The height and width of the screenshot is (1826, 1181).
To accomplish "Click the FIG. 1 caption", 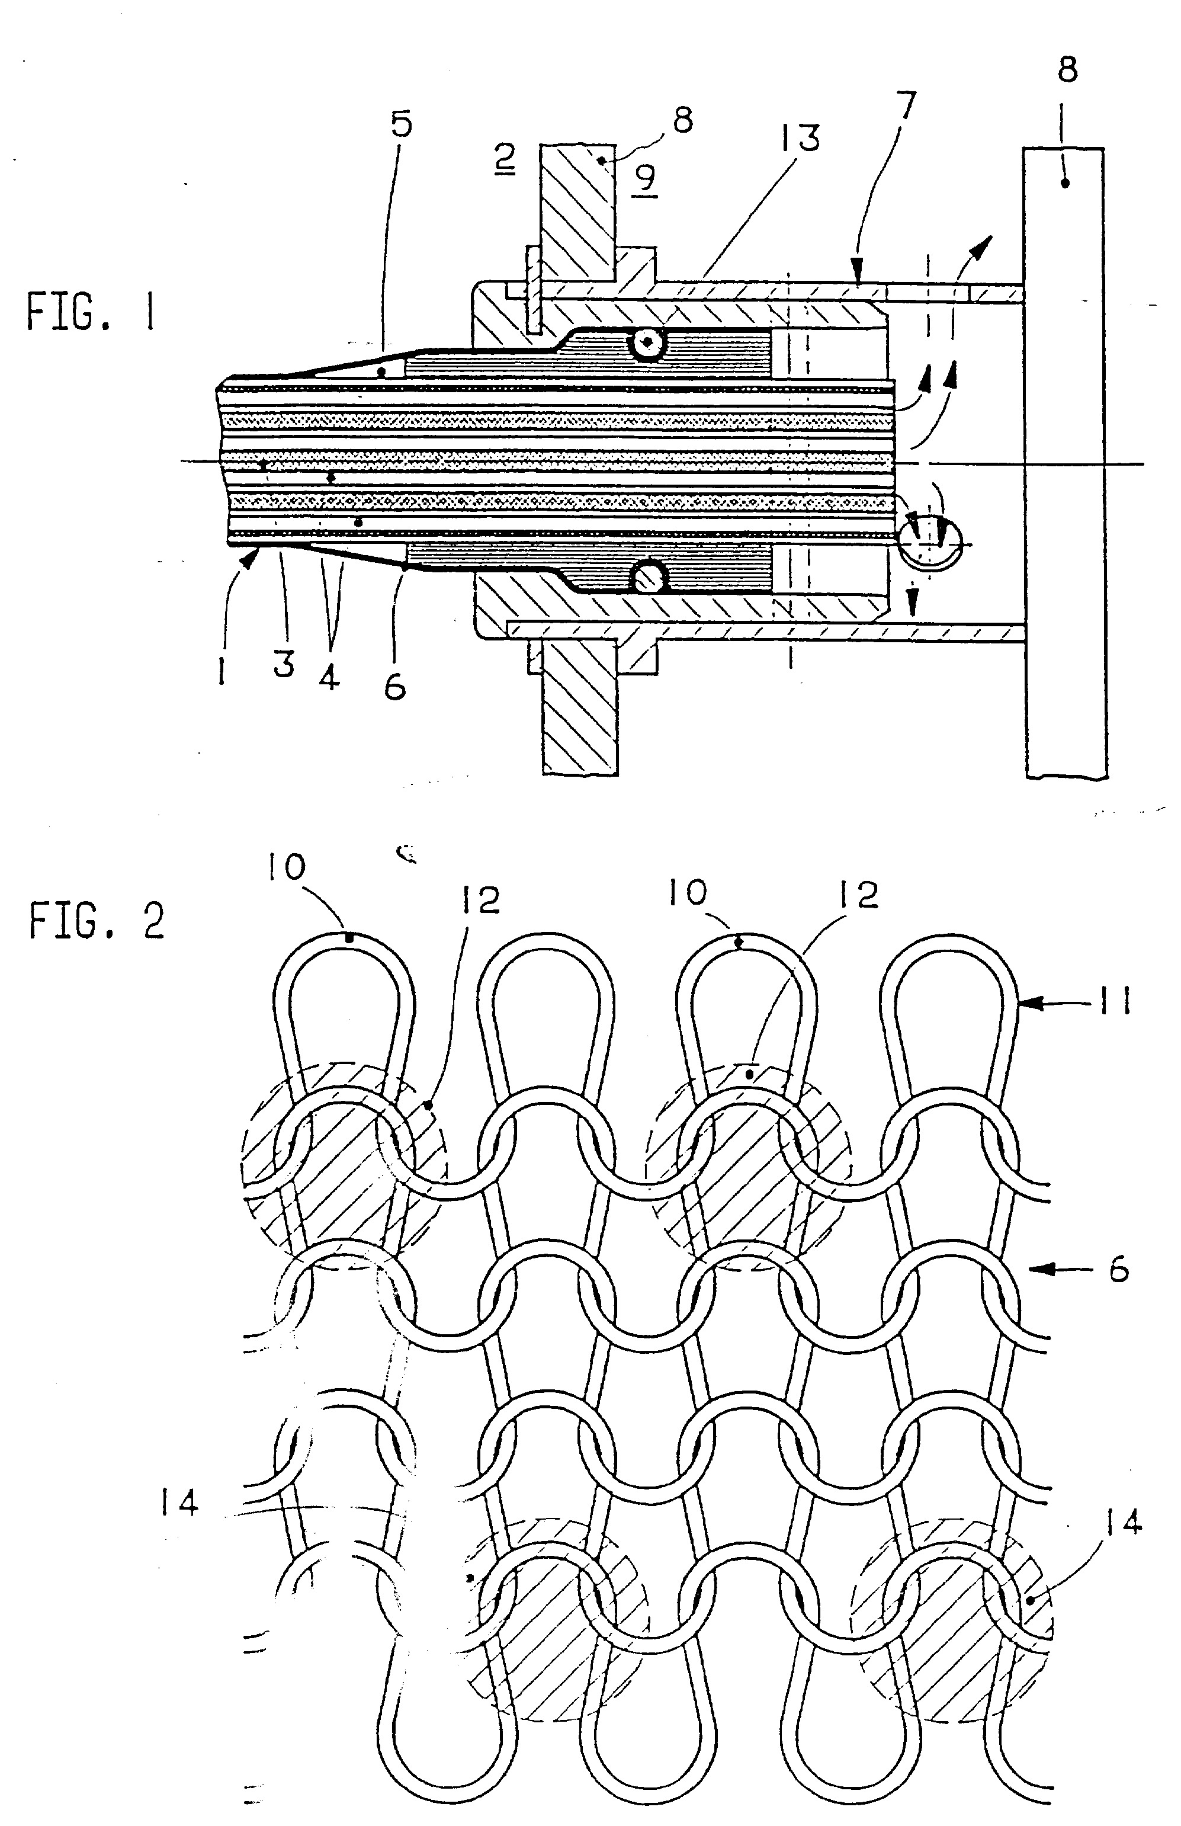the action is coord(91,312).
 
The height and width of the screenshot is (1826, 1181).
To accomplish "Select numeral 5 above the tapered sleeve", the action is coord(401,124).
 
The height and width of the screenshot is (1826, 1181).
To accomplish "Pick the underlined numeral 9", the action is coord(645,180).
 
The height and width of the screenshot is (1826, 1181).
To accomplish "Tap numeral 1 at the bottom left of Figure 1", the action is coord(222,673).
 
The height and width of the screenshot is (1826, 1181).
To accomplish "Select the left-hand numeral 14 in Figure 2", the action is coord(179,1501).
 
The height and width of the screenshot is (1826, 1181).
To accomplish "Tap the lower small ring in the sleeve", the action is coord(647,575).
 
